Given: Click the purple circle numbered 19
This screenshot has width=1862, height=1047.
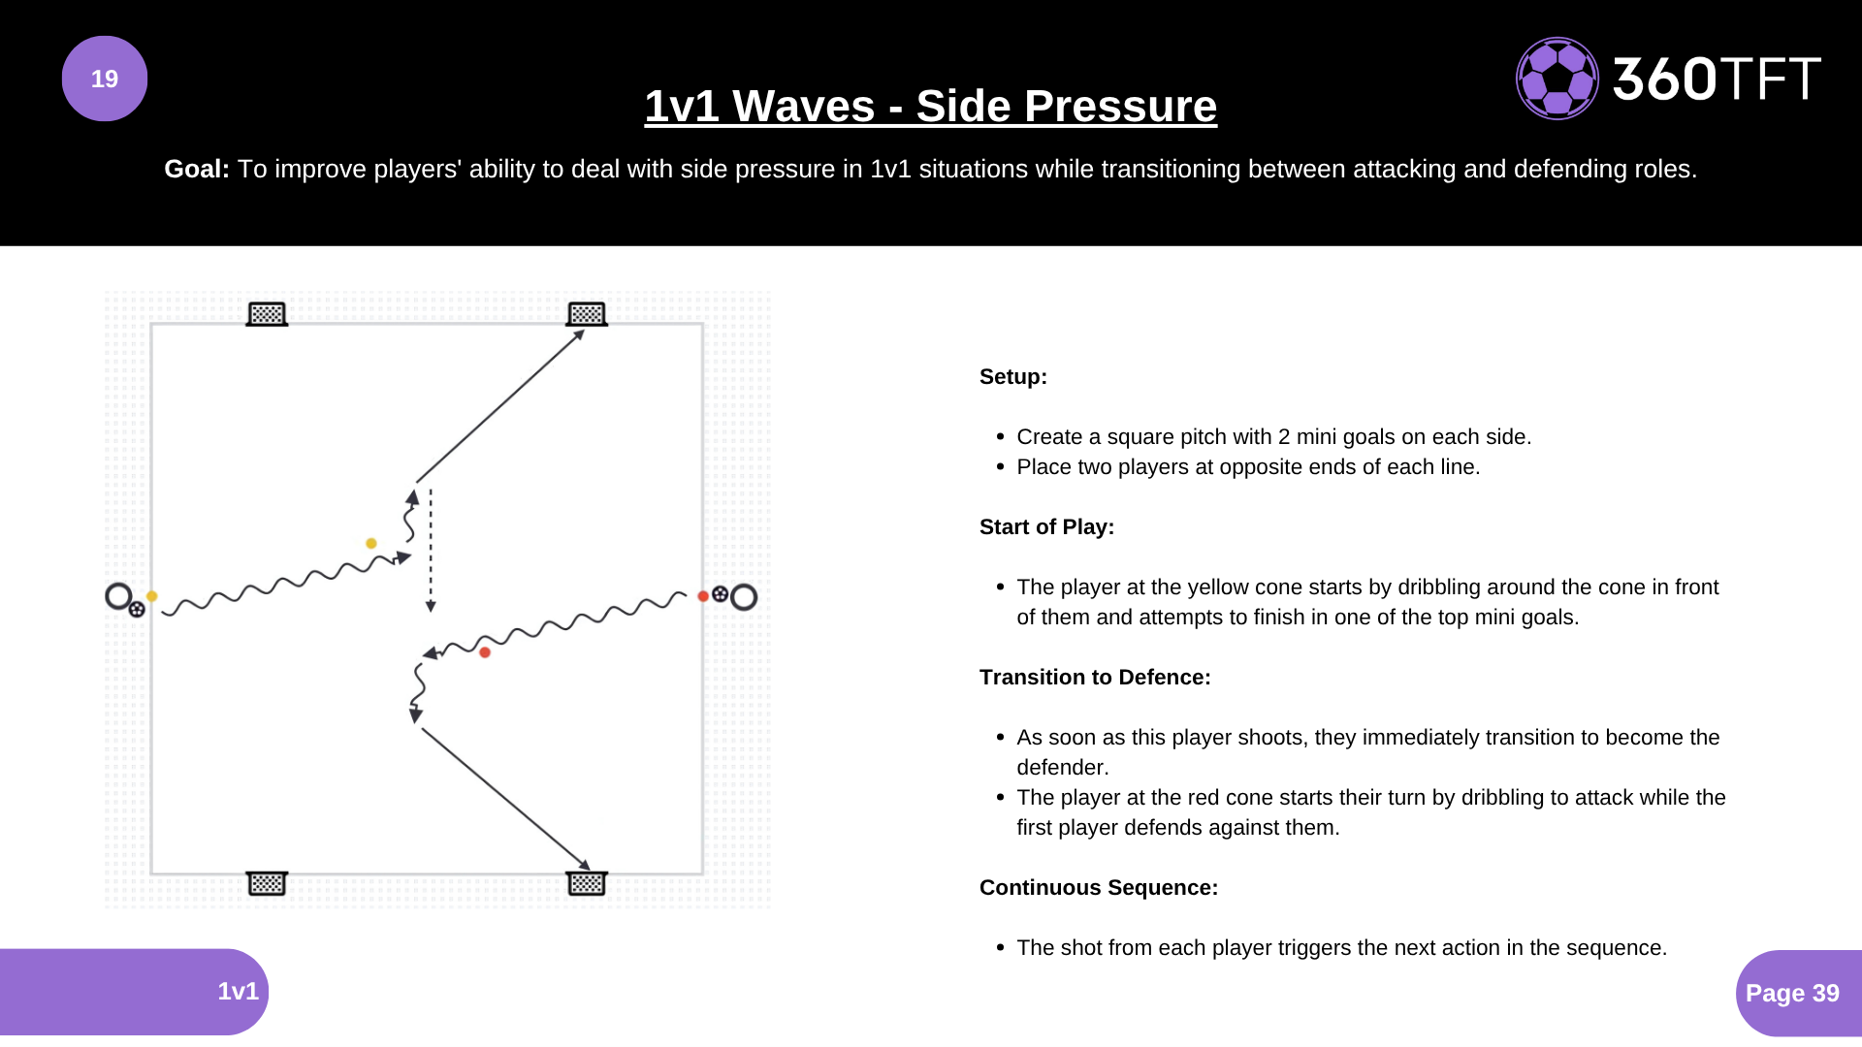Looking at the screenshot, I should [105, 79].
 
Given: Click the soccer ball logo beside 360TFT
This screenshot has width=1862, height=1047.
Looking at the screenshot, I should [1557, 79].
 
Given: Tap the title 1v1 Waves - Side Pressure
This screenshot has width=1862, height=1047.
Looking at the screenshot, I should [930, 106].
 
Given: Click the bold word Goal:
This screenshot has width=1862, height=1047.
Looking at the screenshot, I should [197, 169].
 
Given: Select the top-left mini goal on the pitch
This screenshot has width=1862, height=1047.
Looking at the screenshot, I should [267, 314].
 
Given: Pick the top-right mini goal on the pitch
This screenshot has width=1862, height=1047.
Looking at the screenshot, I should [587, 314].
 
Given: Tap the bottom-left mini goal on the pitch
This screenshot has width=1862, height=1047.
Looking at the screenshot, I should [267, 883].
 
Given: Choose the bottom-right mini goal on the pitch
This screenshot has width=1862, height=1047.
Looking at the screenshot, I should [587, 883].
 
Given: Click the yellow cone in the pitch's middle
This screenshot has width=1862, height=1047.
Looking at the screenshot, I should [371, 544].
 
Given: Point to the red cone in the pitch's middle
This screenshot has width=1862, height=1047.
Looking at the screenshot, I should [485, 652].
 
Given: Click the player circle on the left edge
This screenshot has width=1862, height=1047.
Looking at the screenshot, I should [118, 595].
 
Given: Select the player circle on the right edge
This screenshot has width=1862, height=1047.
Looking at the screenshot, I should [744, 597].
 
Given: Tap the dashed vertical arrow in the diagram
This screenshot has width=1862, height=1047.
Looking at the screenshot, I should [431, 550].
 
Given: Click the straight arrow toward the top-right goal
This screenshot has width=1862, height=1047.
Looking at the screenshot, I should [499, 406].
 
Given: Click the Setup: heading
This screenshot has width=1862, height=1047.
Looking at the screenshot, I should [1012, 377].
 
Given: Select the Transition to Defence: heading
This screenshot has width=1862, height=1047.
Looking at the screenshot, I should [1095, 678].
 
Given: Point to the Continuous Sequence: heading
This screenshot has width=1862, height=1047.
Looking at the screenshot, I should [1098, 888].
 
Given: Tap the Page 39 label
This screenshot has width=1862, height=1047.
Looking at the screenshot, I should [1792, 993].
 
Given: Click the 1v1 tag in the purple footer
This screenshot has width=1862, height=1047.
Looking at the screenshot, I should [238, 991].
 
